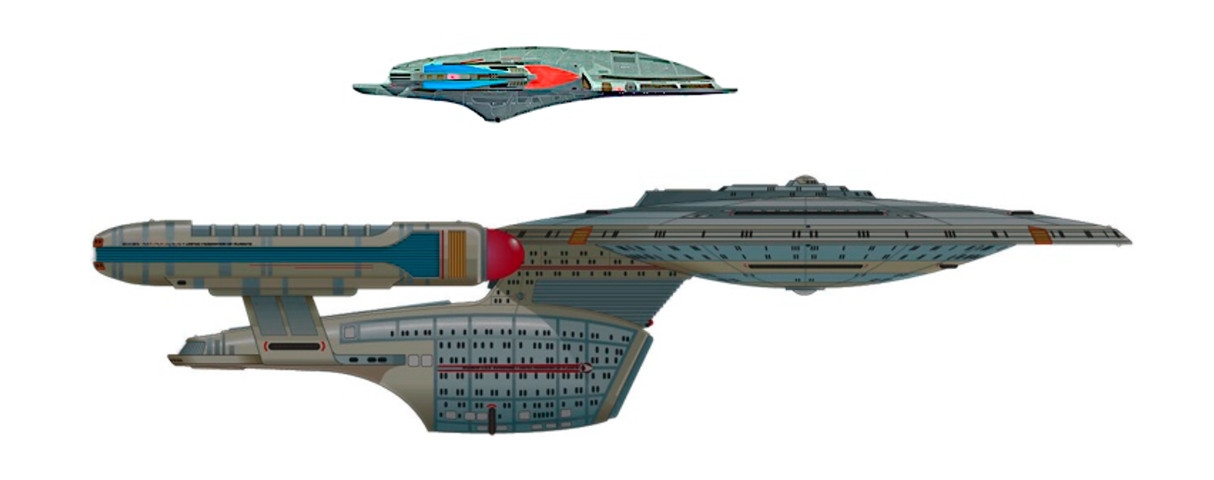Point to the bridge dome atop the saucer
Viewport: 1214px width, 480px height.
pos(803,180)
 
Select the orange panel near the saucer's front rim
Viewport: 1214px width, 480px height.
pos(1040,234)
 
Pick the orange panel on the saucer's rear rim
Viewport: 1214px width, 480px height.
pos(579,236)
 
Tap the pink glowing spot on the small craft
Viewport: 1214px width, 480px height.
pos(454,75)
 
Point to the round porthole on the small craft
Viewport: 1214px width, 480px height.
pos(630,87)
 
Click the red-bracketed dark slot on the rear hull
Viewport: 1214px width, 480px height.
pos(294,346)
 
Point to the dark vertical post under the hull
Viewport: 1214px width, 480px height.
pos(492,420)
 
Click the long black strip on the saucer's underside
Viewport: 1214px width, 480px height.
pos(807,267)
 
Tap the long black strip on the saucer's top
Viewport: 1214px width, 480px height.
pos(811,213)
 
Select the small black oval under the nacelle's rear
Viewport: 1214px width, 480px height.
pos(181,282)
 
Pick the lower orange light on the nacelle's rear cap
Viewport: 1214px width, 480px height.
pos(100,267)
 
